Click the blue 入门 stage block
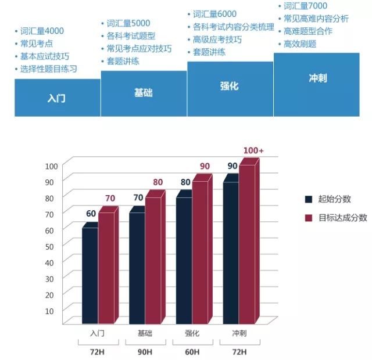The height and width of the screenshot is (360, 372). pos(57,98)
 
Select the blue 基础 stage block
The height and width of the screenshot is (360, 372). pos(144,93)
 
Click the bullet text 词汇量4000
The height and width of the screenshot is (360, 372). pos(42,31)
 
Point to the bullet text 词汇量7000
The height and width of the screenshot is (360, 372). pos(305,6)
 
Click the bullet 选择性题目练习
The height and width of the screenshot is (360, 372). pos(48,69)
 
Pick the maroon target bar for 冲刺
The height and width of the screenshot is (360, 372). pos(247,244)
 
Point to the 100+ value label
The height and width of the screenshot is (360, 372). pos(253,150)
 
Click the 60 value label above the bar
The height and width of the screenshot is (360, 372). pos(91,214)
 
